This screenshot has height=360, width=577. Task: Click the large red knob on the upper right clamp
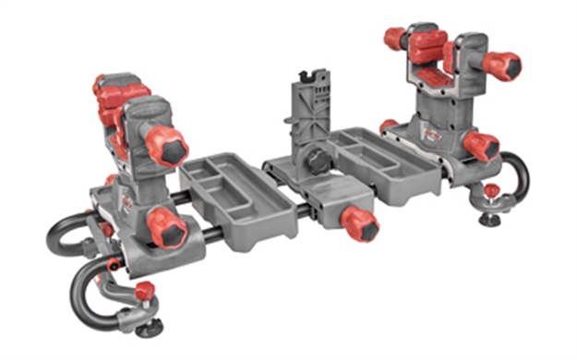502,66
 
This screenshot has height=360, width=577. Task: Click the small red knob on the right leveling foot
491,191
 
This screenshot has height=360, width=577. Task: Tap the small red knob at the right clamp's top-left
395,38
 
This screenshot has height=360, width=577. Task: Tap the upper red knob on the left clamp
167,145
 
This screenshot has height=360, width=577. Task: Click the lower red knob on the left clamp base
166,226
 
